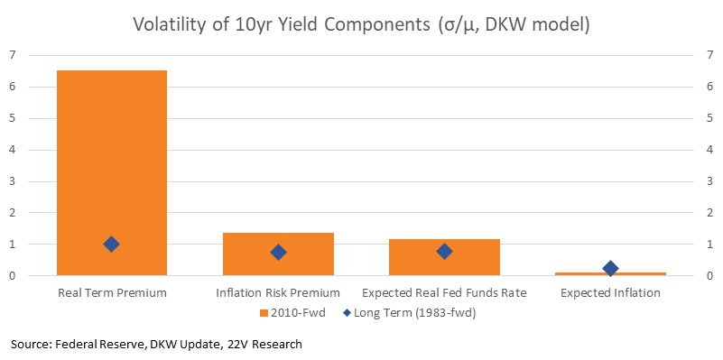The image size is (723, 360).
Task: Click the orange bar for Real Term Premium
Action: [x=112, y=173]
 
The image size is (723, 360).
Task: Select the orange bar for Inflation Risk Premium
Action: [x=278, y=254]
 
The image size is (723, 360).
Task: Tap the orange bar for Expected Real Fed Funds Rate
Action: [x=444, y=257]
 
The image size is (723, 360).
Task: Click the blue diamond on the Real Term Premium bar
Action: [x=112, y=245]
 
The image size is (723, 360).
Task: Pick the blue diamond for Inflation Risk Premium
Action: [x=278, y=252]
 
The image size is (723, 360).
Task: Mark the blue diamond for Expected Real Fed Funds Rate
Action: [x=444, y=251]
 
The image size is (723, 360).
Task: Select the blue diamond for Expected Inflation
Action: [x=610, y=268]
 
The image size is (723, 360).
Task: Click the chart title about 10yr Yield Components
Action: [x=361, y=24]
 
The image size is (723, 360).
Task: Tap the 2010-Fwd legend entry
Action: [x=292, y=313]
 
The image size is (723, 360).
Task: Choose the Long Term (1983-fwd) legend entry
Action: [x=410, y=313]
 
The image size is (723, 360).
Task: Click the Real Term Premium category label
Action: [x=112, y=292]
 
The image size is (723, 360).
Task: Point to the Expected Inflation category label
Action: [x=610, y=292]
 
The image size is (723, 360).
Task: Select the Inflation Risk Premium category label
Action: [x=278, y=292]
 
